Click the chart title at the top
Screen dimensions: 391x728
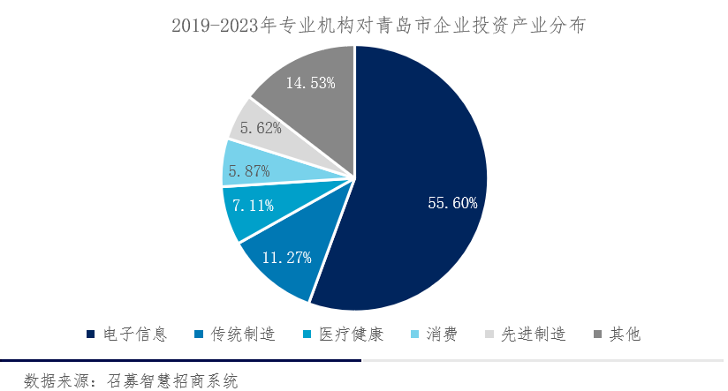(363, 26)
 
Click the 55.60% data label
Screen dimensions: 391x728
(452, 203)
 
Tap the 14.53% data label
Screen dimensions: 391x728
(310, 83)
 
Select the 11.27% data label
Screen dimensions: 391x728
(288, 258)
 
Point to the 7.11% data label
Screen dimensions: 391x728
(253, 206)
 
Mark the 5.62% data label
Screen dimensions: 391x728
(261, 128)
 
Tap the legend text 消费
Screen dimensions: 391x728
(442, 335)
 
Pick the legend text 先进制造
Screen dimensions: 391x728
(533, 335)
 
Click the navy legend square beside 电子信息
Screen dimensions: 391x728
(91, 335)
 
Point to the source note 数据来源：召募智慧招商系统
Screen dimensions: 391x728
(132, 380)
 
